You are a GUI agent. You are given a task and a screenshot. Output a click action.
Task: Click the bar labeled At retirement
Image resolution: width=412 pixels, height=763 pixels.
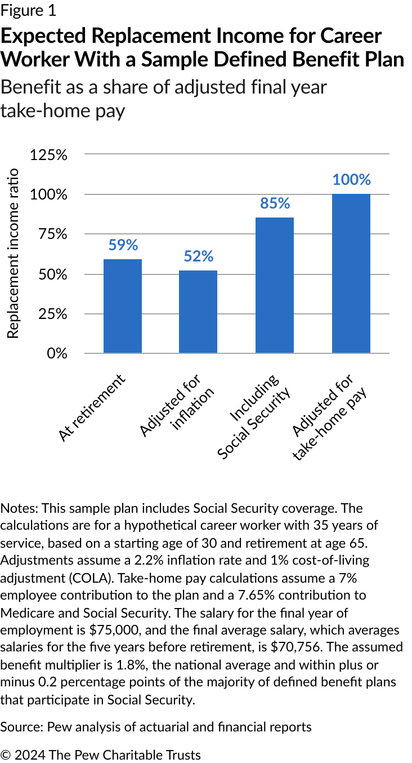[123, 306]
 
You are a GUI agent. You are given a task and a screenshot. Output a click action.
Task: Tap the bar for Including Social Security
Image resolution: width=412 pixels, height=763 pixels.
[275, 285]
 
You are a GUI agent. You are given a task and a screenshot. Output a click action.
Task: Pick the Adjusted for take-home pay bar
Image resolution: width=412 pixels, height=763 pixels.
[351, 273]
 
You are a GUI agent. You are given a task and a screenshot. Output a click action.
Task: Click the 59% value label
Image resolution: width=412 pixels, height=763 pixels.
[123, 245]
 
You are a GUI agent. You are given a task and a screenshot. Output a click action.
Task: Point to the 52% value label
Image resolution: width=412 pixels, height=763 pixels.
[198, 256]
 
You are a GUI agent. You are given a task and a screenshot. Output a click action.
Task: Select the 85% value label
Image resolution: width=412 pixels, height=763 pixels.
[275, 203]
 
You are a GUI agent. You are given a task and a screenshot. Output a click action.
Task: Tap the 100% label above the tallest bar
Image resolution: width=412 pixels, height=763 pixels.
[351, 180]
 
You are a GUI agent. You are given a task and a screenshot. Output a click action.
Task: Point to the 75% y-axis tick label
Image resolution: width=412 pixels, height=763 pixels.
[52, 234]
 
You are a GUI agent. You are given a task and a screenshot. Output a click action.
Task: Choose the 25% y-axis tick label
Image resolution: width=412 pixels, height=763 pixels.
[52, 314]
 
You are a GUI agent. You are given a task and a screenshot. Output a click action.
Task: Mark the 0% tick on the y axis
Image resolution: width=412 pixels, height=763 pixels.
[56, 353]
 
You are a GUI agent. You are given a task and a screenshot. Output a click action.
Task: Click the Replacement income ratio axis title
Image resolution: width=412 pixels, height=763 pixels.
[13, 253]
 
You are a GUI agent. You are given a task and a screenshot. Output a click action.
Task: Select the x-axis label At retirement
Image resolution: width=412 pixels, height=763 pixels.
[91, 407]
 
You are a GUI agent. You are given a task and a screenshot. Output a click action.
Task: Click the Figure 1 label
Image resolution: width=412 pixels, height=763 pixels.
[28, 11]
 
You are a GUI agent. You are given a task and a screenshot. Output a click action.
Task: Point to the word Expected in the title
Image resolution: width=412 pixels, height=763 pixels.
[42, 36]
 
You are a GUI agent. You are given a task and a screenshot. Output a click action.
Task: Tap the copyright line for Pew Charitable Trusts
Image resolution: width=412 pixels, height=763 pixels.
[101, 754]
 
